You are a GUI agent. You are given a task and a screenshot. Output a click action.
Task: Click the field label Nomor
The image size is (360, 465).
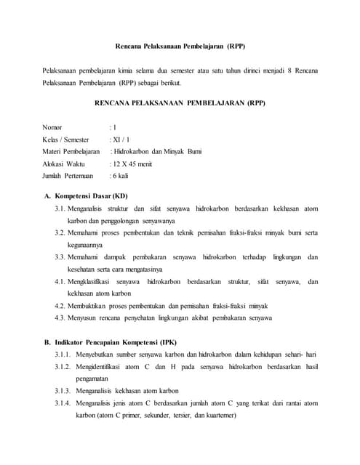point(52,127)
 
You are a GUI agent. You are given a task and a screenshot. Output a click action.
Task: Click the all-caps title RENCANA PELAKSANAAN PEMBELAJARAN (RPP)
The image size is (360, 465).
point(180,103)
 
